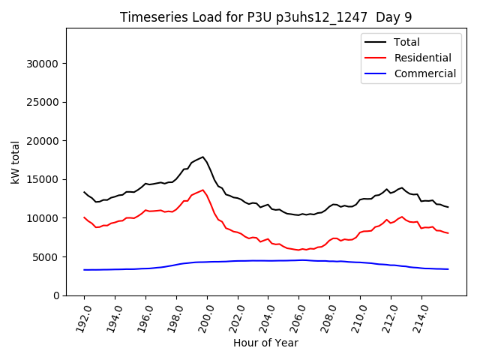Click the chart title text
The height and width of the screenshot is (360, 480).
pyautogui.click(x=265, y=16)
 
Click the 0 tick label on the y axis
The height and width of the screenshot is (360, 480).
pyautogui.click(x=55, y=295)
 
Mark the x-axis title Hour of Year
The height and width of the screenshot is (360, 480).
pyautogui.click(x=265, y=343)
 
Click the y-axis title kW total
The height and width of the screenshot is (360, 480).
pyautogui.click(x=16, y=161)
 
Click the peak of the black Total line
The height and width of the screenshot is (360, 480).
pyautogui.click(x=202, y=157)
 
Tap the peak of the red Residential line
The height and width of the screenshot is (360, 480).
pyautogui.click(x=202, y=190)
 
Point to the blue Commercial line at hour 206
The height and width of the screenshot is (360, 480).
pyautogui.click(x=299, y=260)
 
